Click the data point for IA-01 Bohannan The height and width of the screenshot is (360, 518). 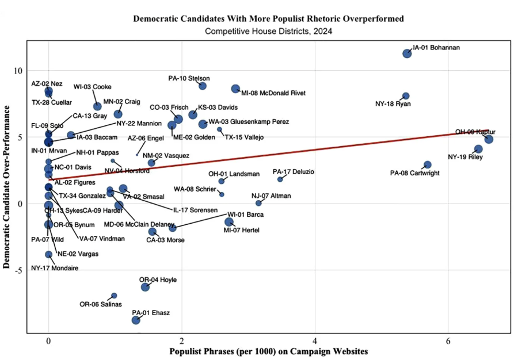point(407,53)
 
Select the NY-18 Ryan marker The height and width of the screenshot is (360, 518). point(406,96)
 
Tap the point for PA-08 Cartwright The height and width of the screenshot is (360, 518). point(427,165)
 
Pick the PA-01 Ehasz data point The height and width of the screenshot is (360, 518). point(136,320)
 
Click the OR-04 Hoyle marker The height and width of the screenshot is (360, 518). point(145,287)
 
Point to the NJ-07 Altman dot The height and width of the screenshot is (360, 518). point(258,203)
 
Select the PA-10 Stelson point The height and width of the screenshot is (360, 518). point(203,86)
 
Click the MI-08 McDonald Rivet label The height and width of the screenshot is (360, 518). point(273,93)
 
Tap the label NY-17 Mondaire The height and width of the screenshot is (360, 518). point(55,268)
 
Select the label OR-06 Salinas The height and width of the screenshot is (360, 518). point(101,304)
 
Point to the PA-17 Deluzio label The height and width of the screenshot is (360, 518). point(294,172)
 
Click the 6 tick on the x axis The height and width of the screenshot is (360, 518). point(448,340)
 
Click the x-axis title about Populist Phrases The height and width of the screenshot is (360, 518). point(268,351)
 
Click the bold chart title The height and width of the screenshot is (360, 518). point(268,19)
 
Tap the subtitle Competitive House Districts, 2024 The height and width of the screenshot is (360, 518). point(268,32)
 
